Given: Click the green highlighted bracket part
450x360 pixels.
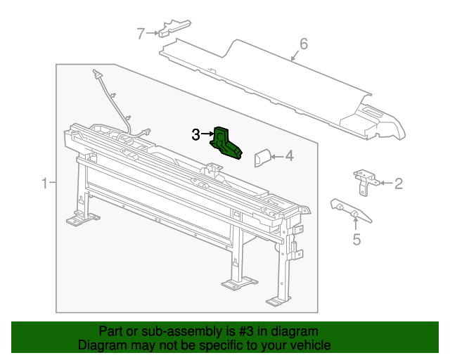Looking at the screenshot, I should pos(226,141).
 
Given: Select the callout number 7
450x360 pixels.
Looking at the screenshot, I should pos(141,32).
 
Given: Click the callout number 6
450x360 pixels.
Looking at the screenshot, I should pos(304,45).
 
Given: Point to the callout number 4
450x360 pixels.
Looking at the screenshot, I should pos(289,156).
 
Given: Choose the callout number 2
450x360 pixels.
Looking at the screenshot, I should pos(398,184).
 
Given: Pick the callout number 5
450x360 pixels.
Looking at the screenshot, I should pos(356,240).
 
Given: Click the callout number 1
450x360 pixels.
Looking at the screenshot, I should pos(44,184).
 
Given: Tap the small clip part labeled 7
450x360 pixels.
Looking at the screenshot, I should pos(173,28).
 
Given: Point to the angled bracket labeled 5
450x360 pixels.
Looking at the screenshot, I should pos(347,209).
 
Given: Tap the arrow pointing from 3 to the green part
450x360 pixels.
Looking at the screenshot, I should pos(208,134).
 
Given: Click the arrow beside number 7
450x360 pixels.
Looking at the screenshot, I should pos(152,32).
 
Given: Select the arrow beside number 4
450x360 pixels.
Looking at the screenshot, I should pos(276,156).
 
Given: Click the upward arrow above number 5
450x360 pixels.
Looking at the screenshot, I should pos(356,224).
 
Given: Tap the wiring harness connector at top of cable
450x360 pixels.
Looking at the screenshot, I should pos(96,74).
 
